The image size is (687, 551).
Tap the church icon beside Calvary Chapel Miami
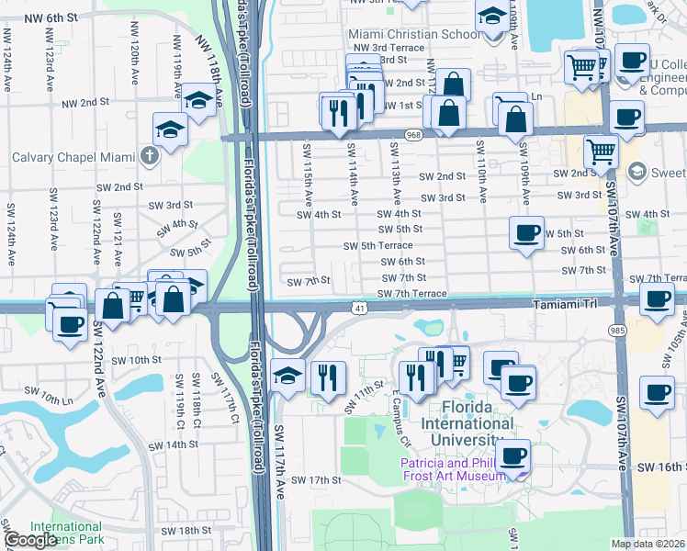pos(152,155)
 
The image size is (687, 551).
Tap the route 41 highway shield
pos(358,308)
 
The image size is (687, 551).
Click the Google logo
pos(30,540)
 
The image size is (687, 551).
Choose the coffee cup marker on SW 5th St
pos(527,233)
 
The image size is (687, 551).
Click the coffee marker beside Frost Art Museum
pos(513,455)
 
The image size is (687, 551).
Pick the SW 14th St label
pos(173,444)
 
